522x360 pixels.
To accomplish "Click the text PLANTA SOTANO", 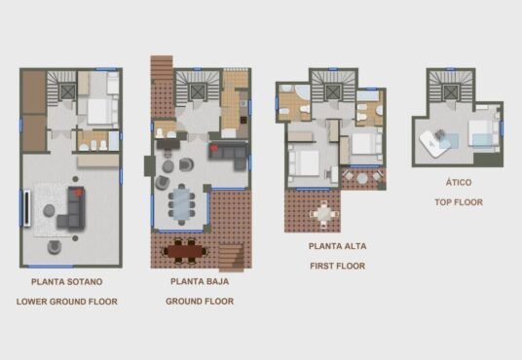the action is pyautogui.click(x=66, y=282).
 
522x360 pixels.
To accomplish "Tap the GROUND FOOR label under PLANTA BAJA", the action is pyautogui.click(x=200, y=302).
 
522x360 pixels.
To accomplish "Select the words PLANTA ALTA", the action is pyautogui.click(x=337, y=246).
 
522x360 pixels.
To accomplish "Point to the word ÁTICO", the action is pyautogui.click(x=459, y=182).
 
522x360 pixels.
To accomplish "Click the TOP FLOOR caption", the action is pyautogui.click(x=459, y=202).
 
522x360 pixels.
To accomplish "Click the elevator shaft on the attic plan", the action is pyautogui.click(x=451, y=92).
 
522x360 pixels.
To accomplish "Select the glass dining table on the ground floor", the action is pyautogui.click(x=181, y=204).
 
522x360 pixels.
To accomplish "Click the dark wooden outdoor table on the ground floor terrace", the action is pyautogui.click(x=185, y=252).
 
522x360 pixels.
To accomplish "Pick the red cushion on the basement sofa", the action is pyautogui.click(x=78, y=192).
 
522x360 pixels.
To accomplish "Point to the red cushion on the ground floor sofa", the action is pyautogui.click(x=213, y=146).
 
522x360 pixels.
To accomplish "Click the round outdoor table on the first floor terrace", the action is pyautogui.click(x=362, y=179).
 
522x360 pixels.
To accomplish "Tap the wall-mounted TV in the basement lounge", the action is pyautogui.click(x=27, y=208).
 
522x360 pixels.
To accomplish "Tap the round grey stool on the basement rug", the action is pyautogui.click(x=49, y=210).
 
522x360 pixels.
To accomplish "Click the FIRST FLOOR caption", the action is pyautogui.click(x=337, y=267).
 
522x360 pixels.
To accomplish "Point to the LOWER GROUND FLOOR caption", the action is pyautogui.click(x=67, y=302).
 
